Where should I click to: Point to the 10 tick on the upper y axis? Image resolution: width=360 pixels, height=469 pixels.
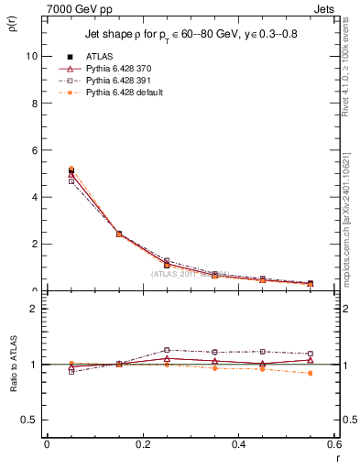click(x=32, y=56)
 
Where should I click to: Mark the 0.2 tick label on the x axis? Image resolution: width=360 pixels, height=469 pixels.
click(x=142, y=444)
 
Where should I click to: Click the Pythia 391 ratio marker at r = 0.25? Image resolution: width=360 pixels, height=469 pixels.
click(x=167, y=350)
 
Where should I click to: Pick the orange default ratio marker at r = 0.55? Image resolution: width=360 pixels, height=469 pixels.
click(x=311, y=373)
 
